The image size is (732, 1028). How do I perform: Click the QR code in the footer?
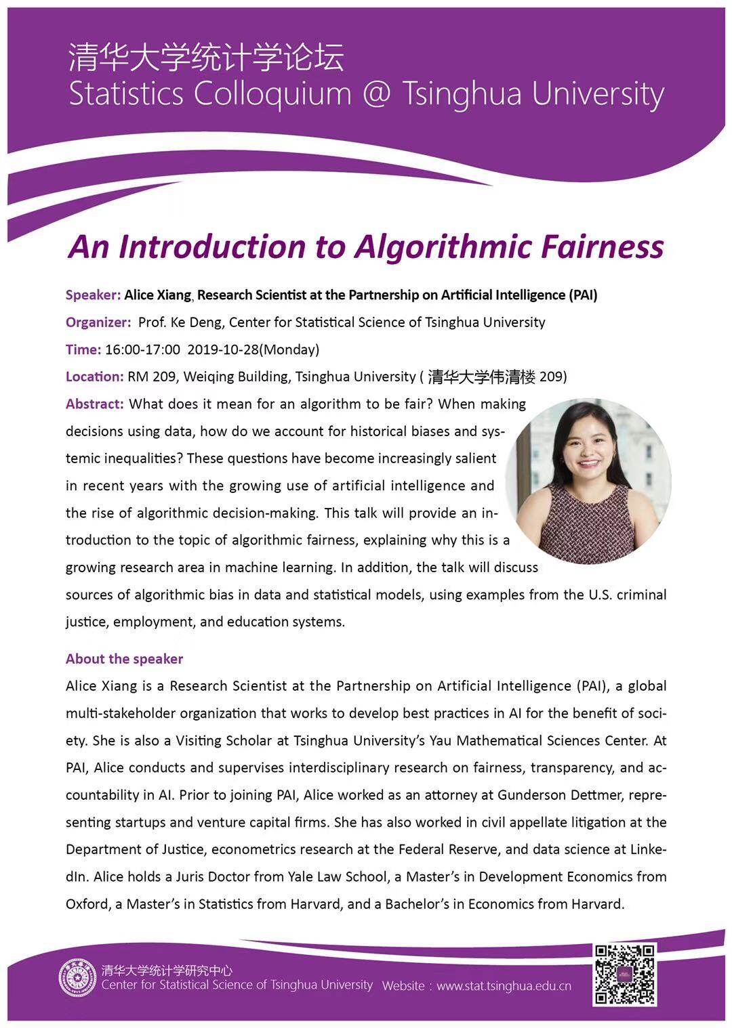pos(624,974)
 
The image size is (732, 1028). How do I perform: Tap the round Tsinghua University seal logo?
pos(77,978)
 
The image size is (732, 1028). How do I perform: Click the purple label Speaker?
pos(93,295)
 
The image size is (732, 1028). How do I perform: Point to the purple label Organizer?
pos(98,322)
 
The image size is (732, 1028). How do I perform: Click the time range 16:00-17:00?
pos(142,349)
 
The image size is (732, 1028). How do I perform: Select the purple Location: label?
pos(94,377)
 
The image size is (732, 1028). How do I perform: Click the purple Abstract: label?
pos(94,404)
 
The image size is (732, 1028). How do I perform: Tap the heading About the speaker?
pos(124,659)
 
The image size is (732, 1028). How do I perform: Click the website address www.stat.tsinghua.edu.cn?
pos(504,986)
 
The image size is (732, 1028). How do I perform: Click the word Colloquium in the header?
pos(272,93)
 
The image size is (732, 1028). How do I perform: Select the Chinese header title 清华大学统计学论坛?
pos(206,57)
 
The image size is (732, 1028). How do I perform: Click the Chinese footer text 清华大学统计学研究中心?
pos(167,970)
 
